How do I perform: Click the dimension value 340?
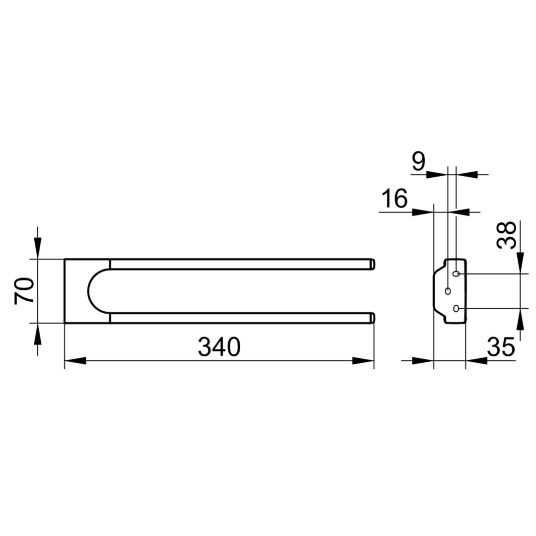coord(219,346)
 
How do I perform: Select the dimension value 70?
coord(24,290)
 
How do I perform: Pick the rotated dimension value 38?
coord(506,235)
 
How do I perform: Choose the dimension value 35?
coord(501,346)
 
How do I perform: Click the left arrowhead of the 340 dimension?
coord(75,361)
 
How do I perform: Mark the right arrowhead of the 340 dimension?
coord(363,361)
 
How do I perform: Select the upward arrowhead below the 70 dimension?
coord(38,334)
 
